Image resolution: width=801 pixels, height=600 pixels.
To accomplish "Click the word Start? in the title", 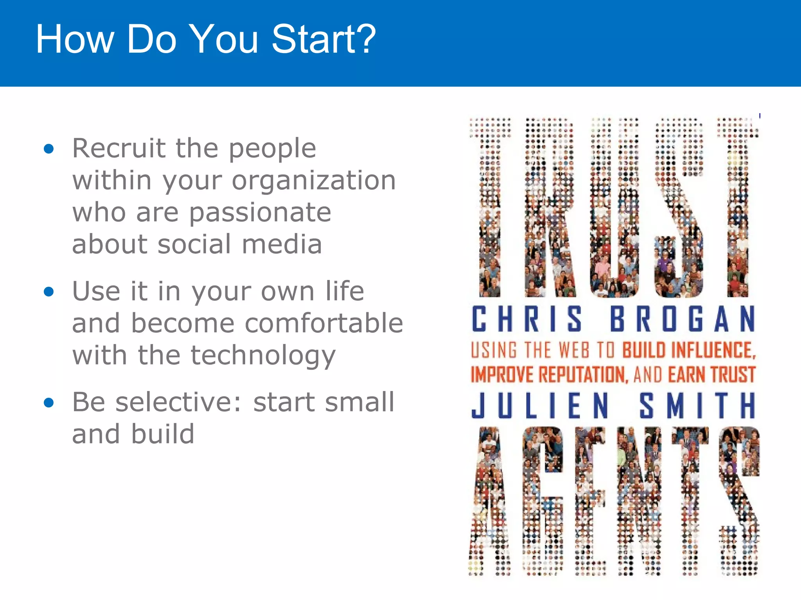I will pos(323,39).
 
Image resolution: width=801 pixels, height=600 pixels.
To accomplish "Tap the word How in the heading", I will pos(75,39).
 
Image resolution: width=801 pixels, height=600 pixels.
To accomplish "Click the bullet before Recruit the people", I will pos(49,149).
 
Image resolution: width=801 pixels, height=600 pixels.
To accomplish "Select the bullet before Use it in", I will pos(49,292).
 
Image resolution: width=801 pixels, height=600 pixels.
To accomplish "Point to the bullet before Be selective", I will pos(49,403).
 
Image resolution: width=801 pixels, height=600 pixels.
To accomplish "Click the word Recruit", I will pos(119,148).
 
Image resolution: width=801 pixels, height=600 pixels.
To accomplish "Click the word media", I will pos(282,245).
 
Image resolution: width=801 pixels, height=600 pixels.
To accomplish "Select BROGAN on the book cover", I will pos(682,319).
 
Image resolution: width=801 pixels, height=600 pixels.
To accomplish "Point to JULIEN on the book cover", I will pos(540,405).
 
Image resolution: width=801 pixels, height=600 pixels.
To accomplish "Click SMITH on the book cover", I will pos(697,405).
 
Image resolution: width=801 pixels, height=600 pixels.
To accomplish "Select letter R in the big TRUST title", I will pos(549,207).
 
